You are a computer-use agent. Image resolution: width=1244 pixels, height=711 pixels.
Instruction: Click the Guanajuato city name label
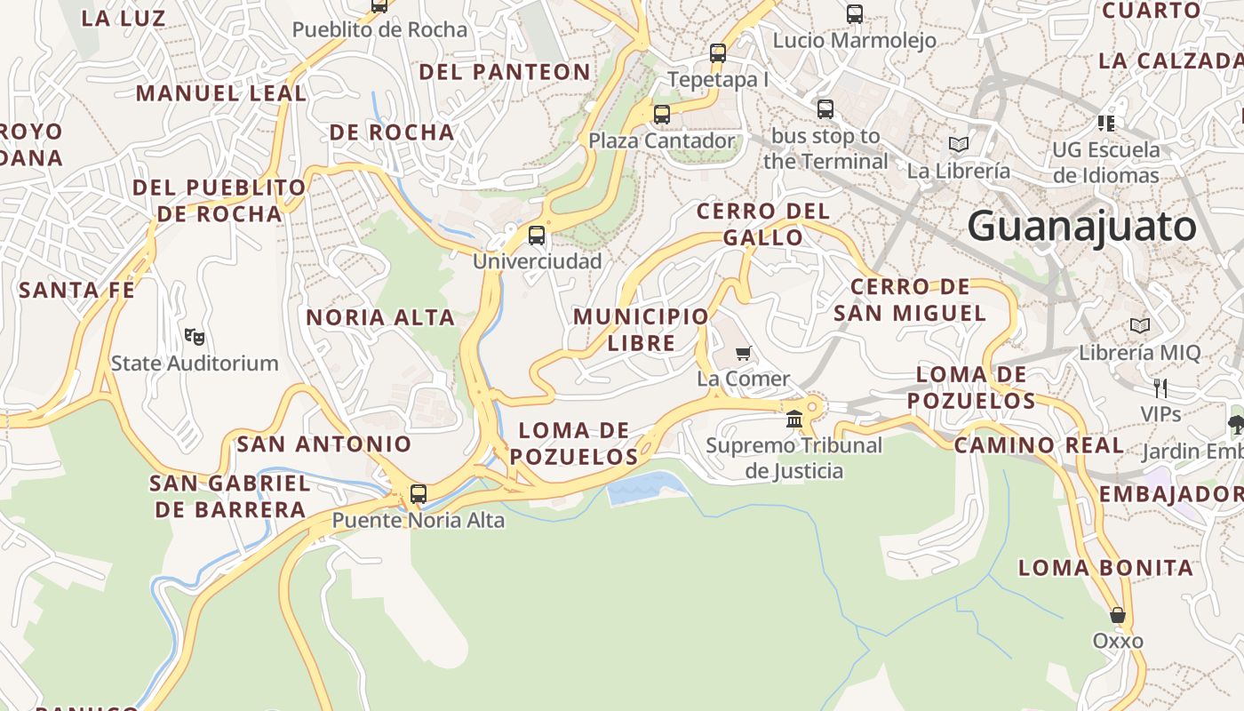tap(1082, 226)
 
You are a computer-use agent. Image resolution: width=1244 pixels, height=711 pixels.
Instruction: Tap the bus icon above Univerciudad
tap(537, 236)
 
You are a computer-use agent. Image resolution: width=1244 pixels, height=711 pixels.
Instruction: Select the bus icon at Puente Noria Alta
tap(419, 494)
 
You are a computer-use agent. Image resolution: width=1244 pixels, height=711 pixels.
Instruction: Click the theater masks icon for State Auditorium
tap(195, 337)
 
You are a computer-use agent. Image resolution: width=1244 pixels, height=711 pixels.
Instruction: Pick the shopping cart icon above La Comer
tap(744, 353)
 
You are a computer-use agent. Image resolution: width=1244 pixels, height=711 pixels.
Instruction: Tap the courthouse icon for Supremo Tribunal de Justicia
tap(794, 419)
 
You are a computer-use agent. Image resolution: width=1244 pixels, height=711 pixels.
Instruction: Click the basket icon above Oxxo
tap(1118, 615)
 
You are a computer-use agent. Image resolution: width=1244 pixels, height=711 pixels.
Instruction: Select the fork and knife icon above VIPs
tap(1160, 388)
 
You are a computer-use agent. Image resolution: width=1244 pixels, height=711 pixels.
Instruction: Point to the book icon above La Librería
tap(958, 144)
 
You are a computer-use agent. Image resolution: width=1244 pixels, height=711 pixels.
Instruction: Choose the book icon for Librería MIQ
tap(1140, 326)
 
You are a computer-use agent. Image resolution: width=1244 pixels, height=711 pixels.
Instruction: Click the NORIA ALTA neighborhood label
tap(380, 317)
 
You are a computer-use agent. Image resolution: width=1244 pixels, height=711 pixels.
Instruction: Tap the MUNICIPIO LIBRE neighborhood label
tap(641, 330)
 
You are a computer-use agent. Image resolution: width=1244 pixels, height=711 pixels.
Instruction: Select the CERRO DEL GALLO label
tap(763, 224)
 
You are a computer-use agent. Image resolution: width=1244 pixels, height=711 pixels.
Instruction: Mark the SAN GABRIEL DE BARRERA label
tap(230, 496)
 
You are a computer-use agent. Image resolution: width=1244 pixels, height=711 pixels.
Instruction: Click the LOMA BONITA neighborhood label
tap(1105, 568)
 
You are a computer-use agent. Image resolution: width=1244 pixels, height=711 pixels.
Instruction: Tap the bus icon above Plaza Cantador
tap(662, 115)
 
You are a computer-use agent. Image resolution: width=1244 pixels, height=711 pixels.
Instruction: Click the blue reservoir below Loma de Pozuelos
tap(647, 488)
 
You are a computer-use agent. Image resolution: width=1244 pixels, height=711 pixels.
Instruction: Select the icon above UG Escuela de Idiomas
tap(1106, 123)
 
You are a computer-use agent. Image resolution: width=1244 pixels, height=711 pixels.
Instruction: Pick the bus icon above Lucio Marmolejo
tap(855, 14)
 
